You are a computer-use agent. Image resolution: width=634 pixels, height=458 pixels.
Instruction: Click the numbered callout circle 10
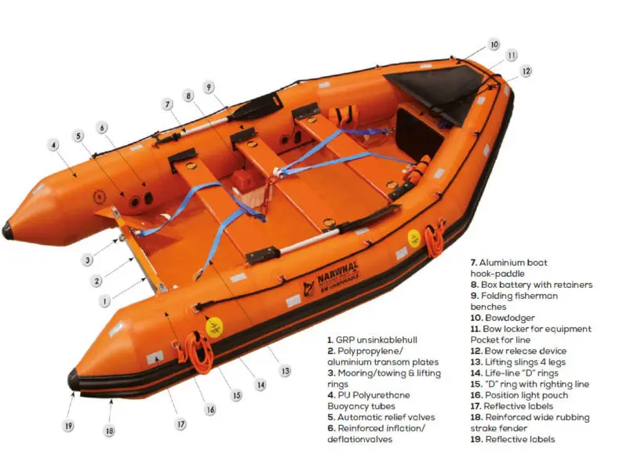click(494, 45)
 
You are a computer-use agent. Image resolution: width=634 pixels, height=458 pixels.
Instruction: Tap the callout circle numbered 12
click(526, 71)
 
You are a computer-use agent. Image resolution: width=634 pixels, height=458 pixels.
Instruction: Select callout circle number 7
click(167, 104)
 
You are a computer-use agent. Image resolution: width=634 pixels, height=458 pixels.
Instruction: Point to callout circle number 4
click(53, 145)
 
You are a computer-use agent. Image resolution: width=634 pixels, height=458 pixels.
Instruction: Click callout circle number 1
click(104, 301)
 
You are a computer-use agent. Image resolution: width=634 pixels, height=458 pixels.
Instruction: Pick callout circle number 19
click(68, 425)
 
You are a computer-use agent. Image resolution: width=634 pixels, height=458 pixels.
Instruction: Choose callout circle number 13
click(286, 371)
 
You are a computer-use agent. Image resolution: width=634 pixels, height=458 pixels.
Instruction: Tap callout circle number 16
click(210, 410)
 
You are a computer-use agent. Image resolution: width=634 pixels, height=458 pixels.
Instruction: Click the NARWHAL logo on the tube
click(332, 278)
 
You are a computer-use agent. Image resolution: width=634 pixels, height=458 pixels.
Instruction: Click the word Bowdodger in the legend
click(509, 318)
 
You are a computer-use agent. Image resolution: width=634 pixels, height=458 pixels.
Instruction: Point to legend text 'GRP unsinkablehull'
click(376, 340)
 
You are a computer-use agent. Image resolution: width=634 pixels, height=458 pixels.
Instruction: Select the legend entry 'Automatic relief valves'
click(386, 417)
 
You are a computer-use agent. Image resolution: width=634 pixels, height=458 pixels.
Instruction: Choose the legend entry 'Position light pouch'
click(527, 395)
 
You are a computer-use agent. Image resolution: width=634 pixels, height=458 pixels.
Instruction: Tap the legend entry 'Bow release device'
click(525, 351)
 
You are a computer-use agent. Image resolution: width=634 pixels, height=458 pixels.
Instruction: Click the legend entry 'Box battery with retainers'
click(537, 285)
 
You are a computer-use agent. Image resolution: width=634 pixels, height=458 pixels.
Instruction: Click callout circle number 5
click(78, 136)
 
